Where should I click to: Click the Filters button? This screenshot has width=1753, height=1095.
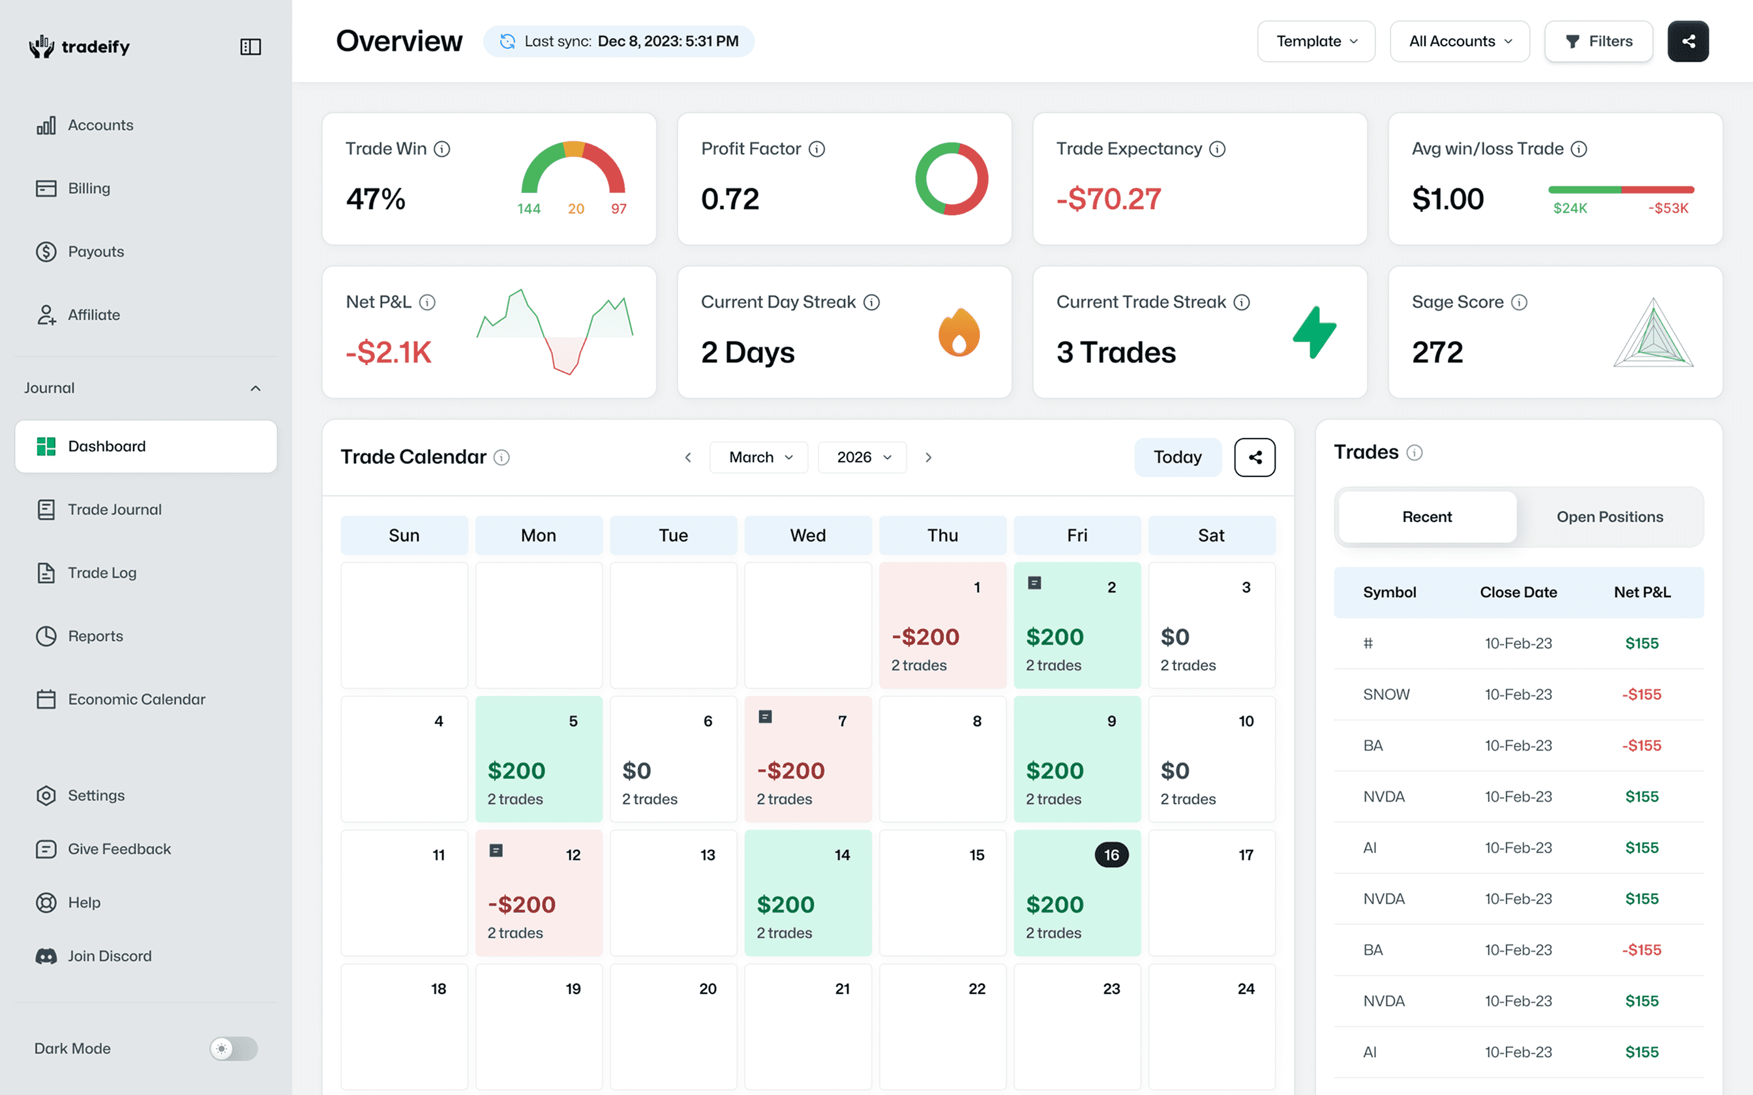click(1598, 41)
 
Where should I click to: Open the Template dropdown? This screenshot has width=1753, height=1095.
click(1315, 41)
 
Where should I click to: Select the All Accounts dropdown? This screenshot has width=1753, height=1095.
click(1460, 41)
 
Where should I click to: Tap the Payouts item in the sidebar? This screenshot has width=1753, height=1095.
click(95, 252)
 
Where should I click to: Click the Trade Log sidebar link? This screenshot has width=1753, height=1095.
click(102, 573)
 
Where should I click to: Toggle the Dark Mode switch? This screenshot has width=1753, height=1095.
click(233, 1048)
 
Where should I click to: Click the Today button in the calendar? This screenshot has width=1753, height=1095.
click(1177, 457)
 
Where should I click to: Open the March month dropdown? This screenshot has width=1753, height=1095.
click(758, 457)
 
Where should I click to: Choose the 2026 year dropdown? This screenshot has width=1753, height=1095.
click(862, 457)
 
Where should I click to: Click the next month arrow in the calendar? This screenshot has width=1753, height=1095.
click(928, 457)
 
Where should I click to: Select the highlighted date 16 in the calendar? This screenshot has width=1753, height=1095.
click(1111, 854)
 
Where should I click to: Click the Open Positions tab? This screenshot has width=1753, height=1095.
click(1610, 516)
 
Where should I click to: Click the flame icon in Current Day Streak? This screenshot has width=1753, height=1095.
click(959, 332)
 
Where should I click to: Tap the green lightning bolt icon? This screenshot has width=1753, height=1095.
click(1314, 332)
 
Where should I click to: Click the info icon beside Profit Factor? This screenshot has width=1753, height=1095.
click(817, 149)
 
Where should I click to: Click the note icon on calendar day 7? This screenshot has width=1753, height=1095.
click(765, 716)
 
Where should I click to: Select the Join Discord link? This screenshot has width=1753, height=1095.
click(109, 956)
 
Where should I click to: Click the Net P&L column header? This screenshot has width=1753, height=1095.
click(1641, 592)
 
